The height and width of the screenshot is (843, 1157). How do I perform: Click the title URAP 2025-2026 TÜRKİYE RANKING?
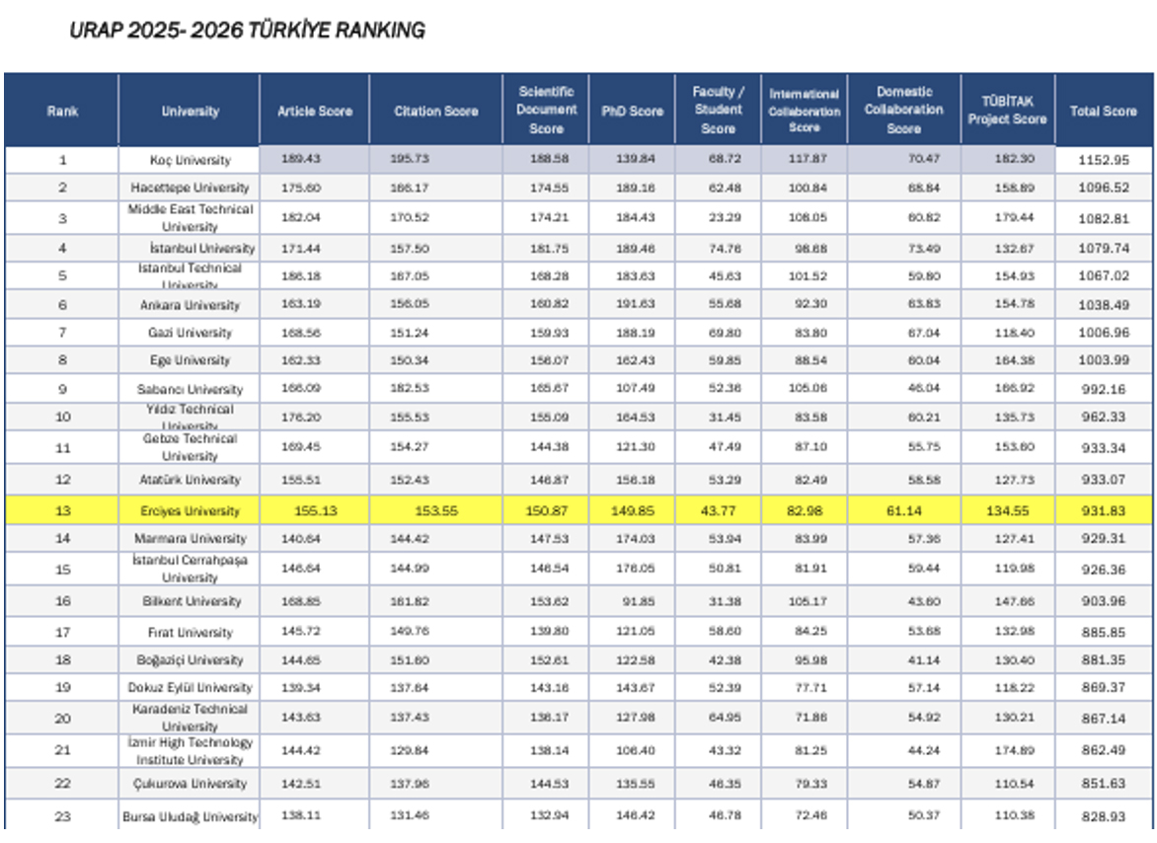pyautogui.click(x=247, y=31)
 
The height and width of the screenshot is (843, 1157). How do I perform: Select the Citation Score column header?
pyautogui.click(x=434, y=112)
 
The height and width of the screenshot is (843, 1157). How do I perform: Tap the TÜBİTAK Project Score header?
pyautogui.click(x=1006, y=112)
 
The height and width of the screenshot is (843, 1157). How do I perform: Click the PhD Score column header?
pyautogui.click(x=632, y=112)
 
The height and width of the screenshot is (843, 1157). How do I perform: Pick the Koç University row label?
pyautogui.click(x=190, y=160)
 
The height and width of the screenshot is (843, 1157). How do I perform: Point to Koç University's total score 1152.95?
pyautogui.click(x=1104, y=160)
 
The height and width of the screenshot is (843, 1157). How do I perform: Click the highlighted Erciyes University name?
pyautogui.click(x=190, y=511)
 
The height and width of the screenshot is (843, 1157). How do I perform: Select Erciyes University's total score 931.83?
pyautogui.click(x=1104, y=511)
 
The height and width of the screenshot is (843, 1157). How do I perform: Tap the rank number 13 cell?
pyautogui.click(x=62, y=511)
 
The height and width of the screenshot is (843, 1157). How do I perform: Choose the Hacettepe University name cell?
pyautogui.click(x=190, y=188)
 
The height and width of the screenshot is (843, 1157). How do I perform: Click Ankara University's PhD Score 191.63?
pyautogui.click(x=632, y=305)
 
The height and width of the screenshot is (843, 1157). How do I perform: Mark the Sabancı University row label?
pyautogui.click(x=190, y=389)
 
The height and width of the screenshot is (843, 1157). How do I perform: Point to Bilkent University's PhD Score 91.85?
pyautogui.click(x=632, y=601)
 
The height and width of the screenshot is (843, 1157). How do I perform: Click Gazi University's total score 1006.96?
pyautogui.click(x=1104, y=333)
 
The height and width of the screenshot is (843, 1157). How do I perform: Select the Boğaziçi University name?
pyautogui.click(x=190, y=660)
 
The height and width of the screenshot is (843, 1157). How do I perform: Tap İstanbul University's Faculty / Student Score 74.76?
pyautogui.click(x=718, y=249)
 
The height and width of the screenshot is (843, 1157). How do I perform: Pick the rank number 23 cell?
pyautogui.click(x=62, y=816)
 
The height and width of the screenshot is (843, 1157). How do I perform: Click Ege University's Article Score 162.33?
pyautogui.click(x=314, y=360)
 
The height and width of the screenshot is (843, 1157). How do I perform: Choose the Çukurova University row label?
pyautogui.click(x=190, y=784)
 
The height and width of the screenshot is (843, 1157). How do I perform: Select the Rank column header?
pyautogui.click(x=62, y=112)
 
